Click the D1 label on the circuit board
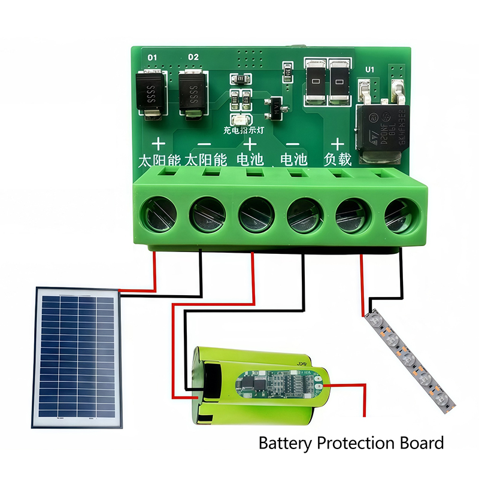coord(152,57)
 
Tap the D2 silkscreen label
coord(193,57)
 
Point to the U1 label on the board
coord(369,70)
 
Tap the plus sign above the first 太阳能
coord(158,144)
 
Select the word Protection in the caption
coord(356,444)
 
